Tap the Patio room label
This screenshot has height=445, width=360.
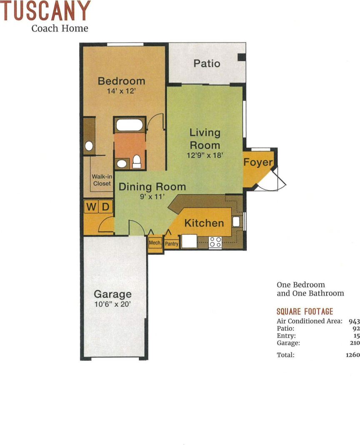207,64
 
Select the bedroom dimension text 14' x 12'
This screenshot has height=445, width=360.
121,91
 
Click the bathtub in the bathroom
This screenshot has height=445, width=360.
130,125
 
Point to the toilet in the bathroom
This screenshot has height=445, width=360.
136,162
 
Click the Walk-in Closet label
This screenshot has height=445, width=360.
102,180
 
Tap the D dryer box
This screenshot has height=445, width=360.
106,206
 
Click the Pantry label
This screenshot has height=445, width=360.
171,244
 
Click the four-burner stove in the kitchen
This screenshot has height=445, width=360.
215,242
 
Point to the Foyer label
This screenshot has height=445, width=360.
258,162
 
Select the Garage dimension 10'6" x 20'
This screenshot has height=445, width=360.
113,304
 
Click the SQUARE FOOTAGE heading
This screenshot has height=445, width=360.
305,311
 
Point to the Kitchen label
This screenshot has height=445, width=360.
204,223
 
